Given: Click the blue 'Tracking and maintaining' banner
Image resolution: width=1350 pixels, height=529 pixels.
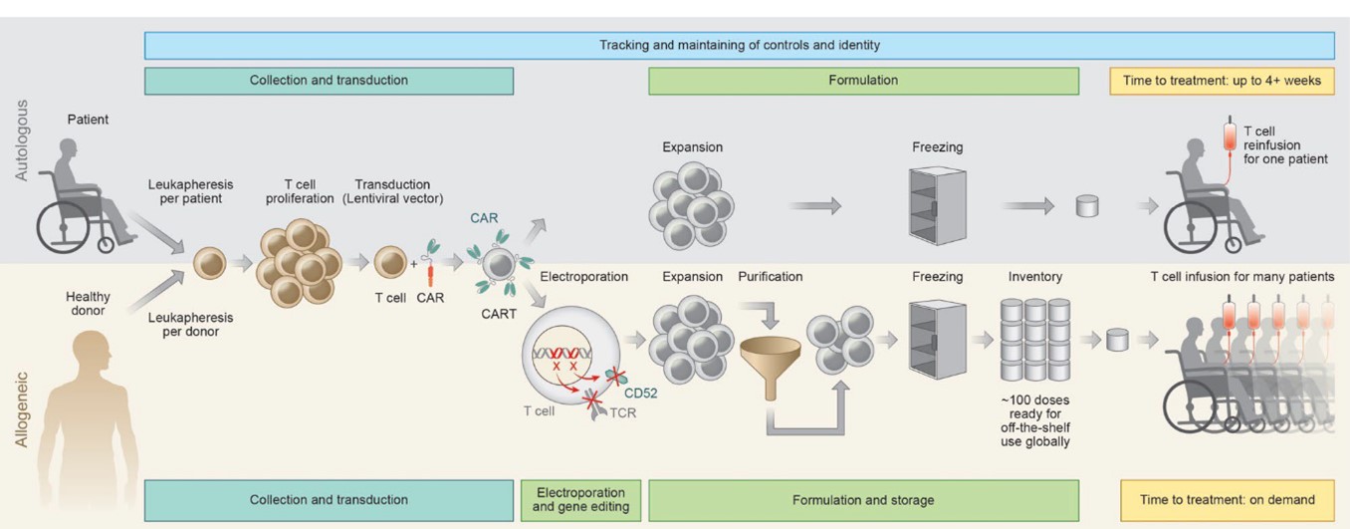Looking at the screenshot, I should [x=739, y=45].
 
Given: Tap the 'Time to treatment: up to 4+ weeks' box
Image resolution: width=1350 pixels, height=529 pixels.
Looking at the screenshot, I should [x=1222, y=81].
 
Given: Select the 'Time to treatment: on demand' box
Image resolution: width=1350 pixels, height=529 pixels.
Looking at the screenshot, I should [x=1228, y=500].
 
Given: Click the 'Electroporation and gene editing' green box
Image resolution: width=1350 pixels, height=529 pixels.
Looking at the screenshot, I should [x=580, y=500].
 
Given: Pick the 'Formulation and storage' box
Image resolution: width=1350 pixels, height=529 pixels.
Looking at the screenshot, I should [x=863, y=500].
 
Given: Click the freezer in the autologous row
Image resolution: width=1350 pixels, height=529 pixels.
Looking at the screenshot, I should [x=937, y=204].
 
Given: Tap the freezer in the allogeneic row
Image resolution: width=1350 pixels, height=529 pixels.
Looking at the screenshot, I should [x=937, y=339].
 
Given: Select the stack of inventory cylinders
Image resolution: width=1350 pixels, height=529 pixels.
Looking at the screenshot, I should [x=1035, y=339].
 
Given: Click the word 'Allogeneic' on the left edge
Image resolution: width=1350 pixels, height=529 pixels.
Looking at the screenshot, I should [x=22, y=409].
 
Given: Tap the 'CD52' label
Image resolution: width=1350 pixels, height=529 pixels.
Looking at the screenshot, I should [x=641, y=393].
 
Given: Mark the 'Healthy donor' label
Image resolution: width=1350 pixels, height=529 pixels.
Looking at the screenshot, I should [x=89, y=303].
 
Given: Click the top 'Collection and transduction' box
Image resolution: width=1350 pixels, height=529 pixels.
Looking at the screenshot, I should [x=329, y=81].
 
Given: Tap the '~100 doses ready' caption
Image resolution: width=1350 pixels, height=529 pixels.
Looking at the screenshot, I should [x=1035, y=419].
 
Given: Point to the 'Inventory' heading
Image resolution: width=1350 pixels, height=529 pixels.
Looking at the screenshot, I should [x=1035, y=276].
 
